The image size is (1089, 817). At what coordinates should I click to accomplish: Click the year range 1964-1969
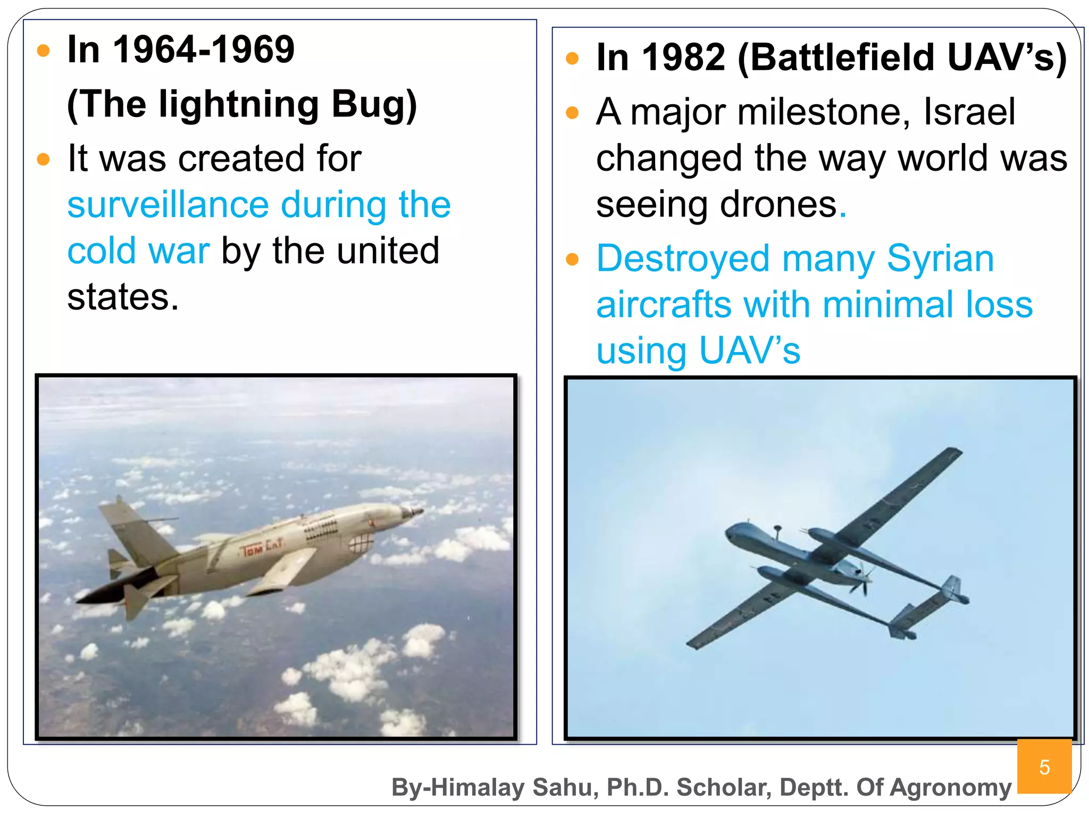pos(204,49)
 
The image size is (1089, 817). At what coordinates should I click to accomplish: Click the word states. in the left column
pos(123,297)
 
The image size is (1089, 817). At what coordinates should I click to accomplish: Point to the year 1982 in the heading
pos(683,57)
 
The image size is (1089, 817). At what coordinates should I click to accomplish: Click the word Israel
pos(969,112)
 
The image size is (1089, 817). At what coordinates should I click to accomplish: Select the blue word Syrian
pos(940,259)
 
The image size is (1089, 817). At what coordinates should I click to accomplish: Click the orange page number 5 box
pos(1044,766)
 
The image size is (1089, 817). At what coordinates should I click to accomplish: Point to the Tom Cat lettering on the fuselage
pos(262,547)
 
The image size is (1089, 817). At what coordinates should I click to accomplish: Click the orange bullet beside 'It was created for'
pos(43,159)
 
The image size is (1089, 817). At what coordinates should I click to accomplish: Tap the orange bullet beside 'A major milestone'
pos(572,112)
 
